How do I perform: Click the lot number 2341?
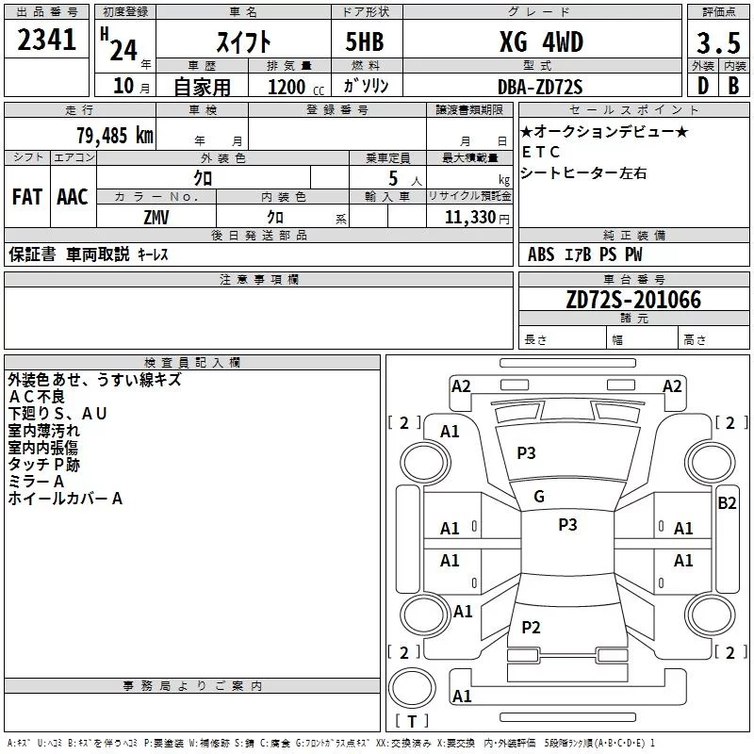[47, 42]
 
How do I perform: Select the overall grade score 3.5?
[717, 43]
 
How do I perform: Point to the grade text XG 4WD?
[540, 43]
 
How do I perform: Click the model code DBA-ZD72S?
[540, 87]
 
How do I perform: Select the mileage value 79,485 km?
[114, 136]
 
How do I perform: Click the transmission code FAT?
[26, 197]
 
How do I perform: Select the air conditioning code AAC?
[72, 197]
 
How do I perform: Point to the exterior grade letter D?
[702, 87]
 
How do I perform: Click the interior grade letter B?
[734, 87]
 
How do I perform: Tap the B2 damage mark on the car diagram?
[727, 502]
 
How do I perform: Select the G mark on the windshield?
[539, 496]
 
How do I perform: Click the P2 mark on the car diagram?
[531, 628]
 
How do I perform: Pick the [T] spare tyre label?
[411, 722]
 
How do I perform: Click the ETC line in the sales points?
[541, 152]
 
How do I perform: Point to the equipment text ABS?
[541, 254]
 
